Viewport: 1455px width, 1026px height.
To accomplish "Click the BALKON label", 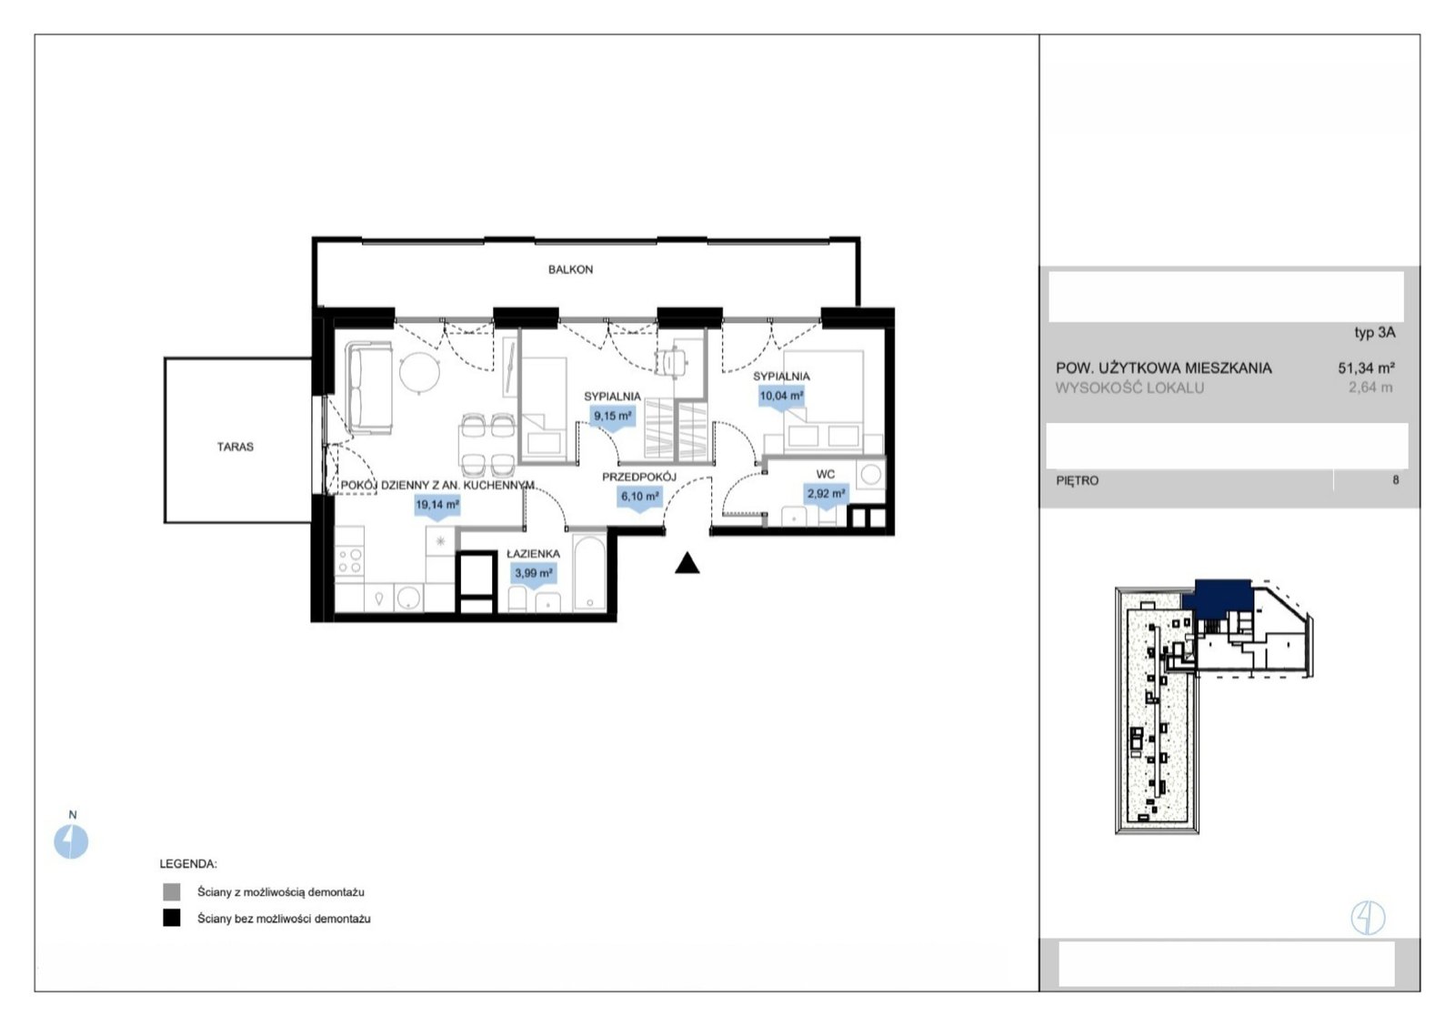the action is [570, 269].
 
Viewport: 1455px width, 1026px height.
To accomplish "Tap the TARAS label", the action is [236, 447].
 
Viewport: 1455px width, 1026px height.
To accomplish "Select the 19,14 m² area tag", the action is [437, 506].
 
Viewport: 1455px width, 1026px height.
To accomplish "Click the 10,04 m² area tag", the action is [781, 397].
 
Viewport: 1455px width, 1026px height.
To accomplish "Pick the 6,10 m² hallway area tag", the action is [640, 498].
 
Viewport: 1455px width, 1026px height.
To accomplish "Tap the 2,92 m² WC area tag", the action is [827, 495].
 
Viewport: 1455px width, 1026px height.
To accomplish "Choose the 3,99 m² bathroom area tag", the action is [533, 575].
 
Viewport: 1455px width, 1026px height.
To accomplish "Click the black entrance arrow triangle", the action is [687, 563].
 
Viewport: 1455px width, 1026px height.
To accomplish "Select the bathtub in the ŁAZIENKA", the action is [589, 572].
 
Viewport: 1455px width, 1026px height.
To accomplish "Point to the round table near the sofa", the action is [419, 373].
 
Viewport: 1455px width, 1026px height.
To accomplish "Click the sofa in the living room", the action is [368, 387].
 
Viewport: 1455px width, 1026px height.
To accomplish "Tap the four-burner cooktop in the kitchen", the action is [349, 561].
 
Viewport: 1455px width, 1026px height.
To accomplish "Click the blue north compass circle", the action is [71, 841].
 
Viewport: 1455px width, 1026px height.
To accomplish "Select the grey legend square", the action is [172, 891].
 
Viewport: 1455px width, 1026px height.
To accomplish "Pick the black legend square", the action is [172, 918].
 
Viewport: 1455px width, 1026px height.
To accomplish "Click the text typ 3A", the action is [1374, 333].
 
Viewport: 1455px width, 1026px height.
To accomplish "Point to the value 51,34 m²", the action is [1366, 368].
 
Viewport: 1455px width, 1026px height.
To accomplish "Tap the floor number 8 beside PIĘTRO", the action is [1395, 480].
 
